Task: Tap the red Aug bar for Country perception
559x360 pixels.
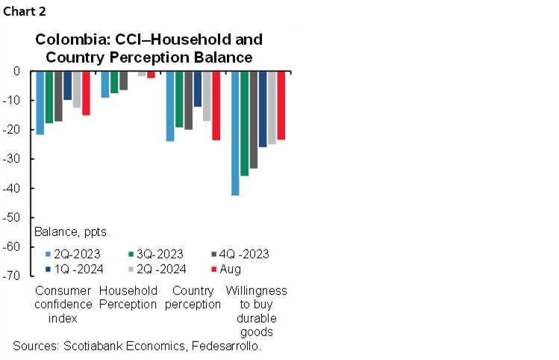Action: coord(216,105)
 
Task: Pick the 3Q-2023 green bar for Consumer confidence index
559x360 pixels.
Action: coord(49,96)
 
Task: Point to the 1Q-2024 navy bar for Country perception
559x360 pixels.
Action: coord(198,89)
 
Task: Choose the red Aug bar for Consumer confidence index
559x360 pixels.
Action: coord(86,93)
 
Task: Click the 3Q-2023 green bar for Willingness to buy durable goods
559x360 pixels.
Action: coord(244,123)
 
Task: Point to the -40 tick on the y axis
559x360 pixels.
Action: coord(13,188)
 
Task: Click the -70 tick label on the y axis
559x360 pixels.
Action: coord(13,276)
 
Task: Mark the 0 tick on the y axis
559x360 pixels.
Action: coord(16,71)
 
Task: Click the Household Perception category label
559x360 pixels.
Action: coord(128,297)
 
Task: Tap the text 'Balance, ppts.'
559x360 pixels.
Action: coord(72,232)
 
